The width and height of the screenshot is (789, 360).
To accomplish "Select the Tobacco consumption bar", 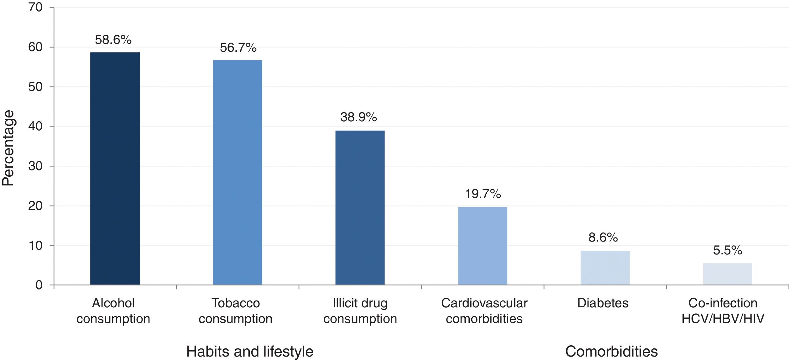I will click(x=238, y=172).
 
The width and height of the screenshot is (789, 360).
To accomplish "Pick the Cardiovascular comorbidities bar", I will click(x=483, y=246).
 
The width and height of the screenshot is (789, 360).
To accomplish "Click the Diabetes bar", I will click(x=605, y=268).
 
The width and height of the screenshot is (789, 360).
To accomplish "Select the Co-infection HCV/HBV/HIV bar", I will click(x=727, y=274).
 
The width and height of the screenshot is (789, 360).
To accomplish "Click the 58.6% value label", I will click(x=113, y=40).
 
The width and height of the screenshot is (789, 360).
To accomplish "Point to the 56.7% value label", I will click(x=238, y=48).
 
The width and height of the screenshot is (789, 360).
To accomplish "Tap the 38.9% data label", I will click(x=358, y=117).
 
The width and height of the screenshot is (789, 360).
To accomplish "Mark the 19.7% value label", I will click(x=483, y=194).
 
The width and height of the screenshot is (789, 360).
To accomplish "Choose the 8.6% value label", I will click(x=603, y=237).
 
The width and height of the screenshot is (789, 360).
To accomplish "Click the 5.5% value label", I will click(x=728, y=250).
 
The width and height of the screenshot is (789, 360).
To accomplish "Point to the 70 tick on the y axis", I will click(x=35, y=7).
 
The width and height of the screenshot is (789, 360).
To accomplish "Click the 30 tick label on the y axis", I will click(x=35, y=166).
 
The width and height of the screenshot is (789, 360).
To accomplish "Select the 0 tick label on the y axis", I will click(x=39, y=285).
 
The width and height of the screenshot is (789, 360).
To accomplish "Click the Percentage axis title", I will click(x=8, y=148).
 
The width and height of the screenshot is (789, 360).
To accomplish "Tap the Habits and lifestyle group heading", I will click(x=250, y=352).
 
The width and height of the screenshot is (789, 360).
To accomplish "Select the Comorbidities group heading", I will click(x=611, y=352).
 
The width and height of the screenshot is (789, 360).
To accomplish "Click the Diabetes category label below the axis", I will click(x=603, y=303).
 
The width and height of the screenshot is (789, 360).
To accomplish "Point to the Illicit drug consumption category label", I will click(x=360, y=311).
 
